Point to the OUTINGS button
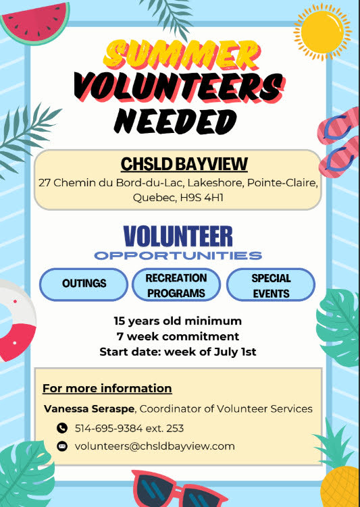[84, 284]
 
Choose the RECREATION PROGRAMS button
[176, 285]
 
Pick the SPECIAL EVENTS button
[270, 285]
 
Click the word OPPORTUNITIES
[178, 256]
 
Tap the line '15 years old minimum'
[178, 321]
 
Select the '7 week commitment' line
[178, 336]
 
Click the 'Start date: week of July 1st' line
[178, 352]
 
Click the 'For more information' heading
[107, 388]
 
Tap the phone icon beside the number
[62, 428]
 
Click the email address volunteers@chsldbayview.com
[155, 446]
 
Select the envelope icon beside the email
[62, 446]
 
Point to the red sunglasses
[178, 489]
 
